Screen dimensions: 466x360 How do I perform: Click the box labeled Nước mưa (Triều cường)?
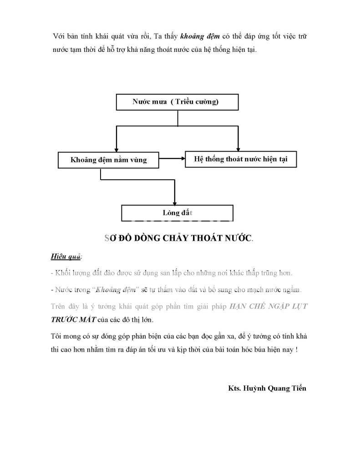[x=177, y=102]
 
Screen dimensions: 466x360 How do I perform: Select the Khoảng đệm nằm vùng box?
[x=109, y=160]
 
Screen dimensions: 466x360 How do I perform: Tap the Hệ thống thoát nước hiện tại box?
[x=240, y=159]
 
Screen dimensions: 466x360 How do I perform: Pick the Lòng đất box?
[x=177, y=213]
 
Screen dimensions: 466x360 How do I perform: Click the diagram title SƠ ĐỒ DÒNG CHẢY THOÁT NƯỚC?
[x=179, y=238]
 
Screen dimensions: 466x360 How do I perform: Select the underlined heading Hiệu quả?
[x=66, y=257]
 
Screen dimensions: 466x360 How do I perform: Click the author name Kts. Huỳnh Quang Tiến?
[x=267, y=388]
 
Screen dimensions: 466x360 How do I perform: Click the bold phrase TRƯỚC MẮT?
[x=73, y=319]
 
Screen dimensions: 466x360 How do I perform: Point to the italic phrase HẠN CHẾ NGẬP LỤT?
[x=268, y=307]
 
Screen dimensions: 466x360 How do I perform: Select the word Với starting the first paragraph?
[x=59, y=36]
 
